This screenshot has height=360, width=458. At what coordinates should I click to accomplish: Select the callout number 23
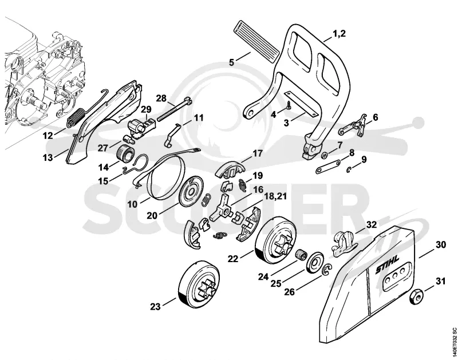click(x=155, y=307)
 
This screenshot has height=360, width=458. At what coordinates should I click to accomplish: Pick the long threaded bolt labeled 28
click(x=174, y=110)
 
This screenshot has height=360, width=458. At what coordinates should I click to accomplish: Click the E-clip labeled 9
click(x=349, y=169)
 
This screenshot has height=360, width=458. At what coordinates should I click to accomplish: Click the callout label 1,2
click(x=339, y=34)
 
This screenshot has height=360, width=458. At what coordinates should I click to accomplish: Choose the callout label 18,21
click(x=275, y=196)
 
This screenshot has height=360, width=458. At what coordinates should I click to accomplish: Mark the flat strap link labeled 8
click(x=327, y=167)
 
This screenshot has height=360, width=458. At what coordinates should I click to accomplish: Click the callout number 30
click(x=441, y=244)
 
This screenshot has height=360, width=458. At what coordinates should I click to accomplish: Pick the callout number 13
click(x=48, y=157)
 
